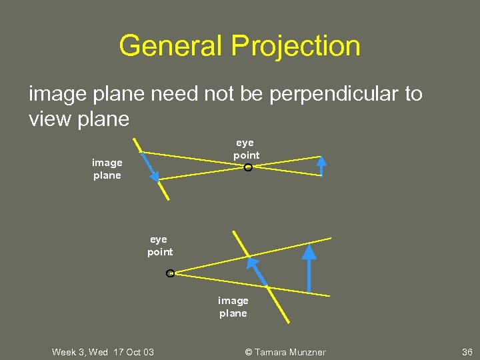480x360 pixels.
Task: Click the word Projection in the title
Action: click(x=296, y=46)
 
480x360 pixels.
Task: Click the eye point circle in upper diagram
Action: click(x=248, y=167)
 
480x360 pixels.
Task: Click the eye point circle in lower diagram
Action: click(x=170, y=273)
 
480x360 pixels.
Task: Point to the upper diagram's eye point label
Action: click(x=246, y=149)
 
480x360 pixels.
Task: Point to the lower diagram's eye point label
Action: click(x=160, y=245)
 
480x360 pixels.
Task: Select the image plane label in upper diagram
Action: click(x=107, y=169)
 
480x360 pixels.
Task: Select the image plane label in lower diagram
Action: click(x=233, y=307)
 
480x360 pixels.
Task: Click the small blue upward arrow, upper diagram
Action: click(x=321, y=165)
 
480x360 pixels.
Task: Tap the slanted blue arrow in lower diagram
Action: click(x=257, y=271)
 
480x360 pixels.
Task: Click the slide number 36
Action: click(x=467, y=352)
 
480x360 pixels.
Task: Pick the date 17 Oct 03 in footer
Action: click(x=134, y=352)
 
